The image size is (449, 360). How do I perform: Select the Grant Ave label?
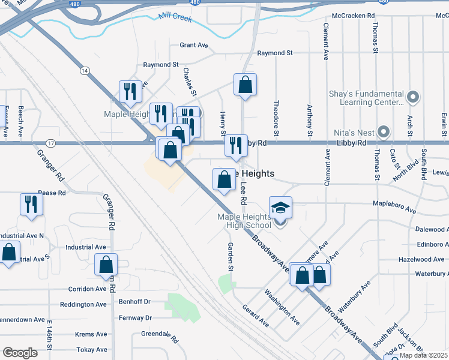click(194, 45)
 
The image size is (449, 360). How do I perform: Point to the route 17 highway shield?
click(50, 143)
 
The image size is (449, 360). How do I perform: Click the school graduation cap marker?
click(280, 208)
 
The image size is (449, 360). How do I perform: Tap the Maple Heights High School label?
click(244, 221)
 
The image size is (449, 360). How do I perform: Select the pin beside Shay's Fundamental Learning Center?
click(412, 97)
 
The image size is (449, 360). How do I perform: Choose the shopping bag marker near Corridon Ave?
click(106, 264)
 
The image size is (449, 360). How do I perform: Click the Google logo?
click(20, 353)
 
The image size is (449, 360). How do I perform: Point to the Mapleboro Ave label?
click(394, 211)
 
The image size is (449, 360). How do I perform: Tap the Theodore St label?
click(277, 113)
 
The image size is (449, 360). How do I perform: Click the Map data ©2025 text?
click(423, 355)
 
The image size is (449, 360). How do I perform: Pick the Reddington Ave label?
click(83, 304)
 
